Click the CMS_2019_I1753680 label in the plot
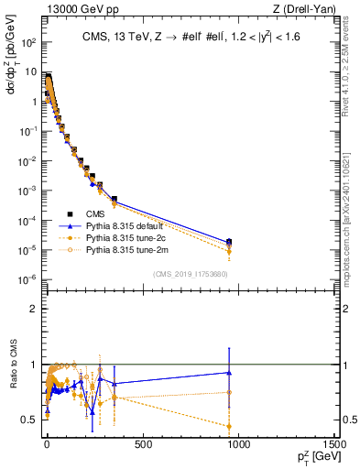[x=190, y=273]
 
